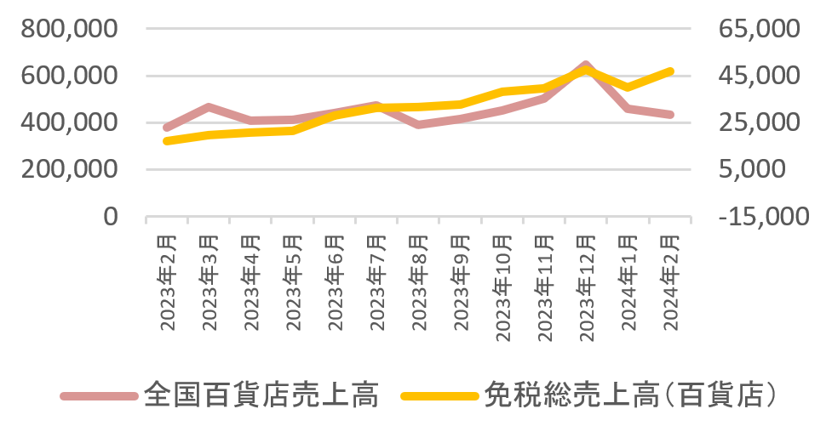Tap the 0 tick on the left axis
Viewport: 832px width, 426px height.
[x=111, y=217]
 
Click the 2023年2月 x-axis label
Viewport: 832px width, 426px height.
[x=168, y=281]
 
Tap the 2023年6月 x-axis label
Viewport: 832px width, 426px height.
[x=335, y=281]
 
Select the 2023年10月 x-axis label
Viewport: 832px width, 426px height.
[x=502, y=284]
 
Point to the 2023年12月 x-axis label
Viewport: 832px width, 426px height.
[x=586, y=284]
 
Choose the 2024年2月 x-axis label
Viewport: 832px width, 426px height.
[x=669, y=281]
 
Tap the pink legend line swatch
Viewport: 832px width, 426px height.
[x=99, y=395]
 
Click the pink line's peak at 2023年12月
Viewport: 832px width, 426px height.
[x=586, y=65]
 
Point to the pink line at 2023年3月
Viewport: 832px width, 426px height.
[x=209, y=107]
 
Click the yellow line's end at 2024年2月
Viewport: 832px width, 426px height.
[x=670, y=71]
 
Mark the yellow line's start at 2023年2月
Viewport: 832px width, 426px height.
[x=168, y=140]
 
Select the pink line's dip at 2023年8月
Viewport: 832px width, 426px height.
[x=418, y=125]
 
